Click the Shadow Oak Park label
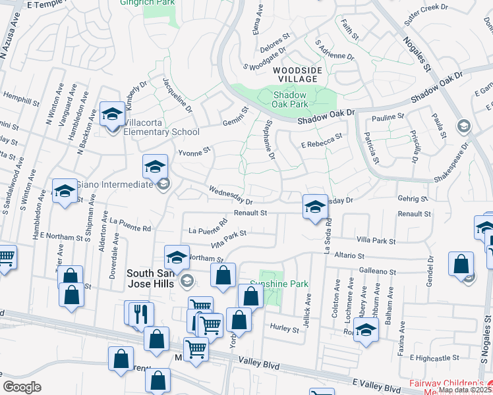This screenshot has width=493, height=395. click(291, 99)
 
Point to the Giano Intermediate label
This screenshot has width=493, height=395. click(114, 184)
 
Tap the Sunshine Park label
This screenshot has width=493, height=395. click(284, 284)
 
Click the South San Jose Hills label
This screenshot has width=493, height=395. click(150, 278)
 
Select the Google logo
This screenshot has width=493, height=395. click(22, 386)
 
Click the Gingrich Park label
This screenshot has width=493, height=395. click(146, 3)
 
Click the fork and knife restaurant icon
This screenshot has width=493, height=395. click(140, 313)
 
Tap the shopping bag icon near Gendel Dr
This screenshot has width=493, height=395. click(461, 263)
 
